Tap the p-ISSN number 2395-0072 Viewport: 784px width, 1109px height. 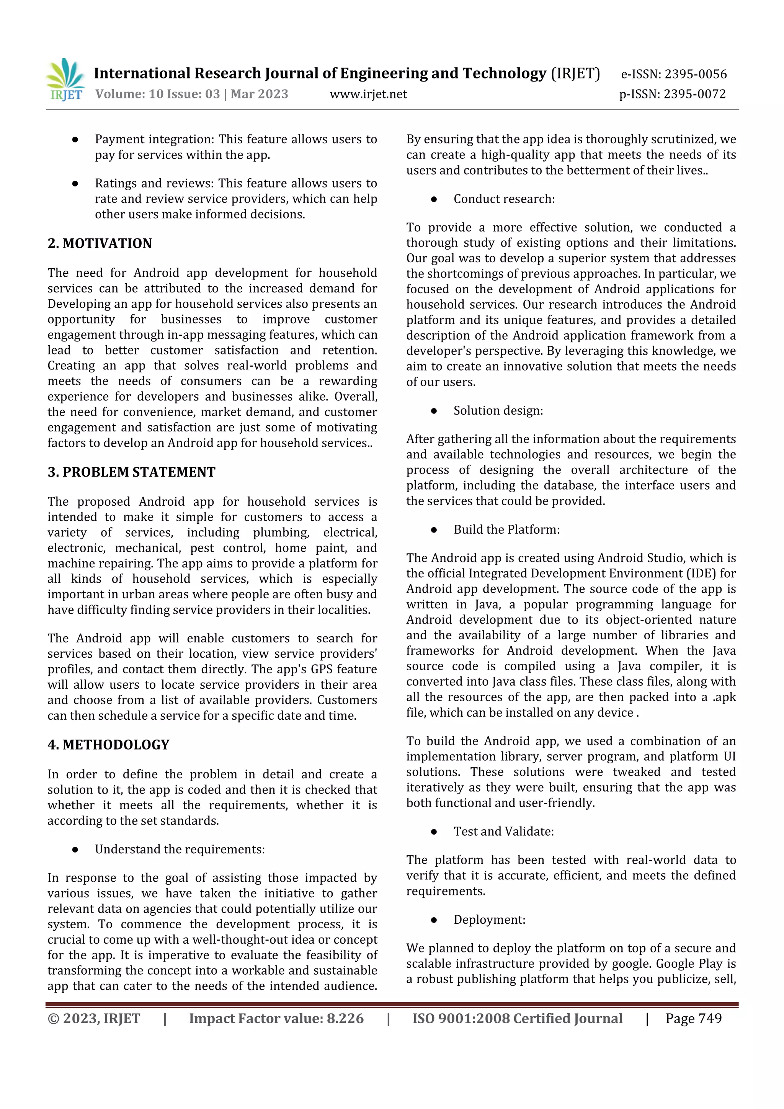tap(694, 94)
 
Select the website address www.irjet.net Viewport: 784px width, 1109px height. tap(368, 94)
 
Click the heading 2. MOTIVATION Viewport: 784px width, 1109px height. tap(100, 243)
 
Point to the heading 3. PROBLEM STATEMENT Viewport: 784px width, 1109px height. tap(131, 472)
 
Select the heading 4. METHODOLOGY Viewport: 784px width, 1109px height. tap(108, 744)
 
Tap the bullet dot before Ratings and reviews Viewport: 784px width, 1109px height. tap(75, 183)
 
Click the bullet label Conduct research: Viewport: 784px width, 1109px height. tap(504, 199)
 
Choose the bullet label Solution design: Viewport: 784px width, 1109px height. tap(498, 410)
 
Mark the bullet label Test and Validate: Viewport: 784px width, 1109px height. tap(503, 831)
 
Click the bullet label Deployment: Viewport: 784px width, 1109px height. tap(489, 919)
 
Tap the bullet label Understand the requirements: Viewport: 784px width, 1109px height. tap(180, 849)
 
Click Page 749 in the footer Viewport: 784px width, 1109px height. tap(693, 1018)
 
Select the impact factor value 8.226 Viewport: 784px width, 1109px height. tap(345, 1018)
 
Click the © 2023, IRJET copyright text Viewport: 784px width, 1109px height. tap(94, 1018)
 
